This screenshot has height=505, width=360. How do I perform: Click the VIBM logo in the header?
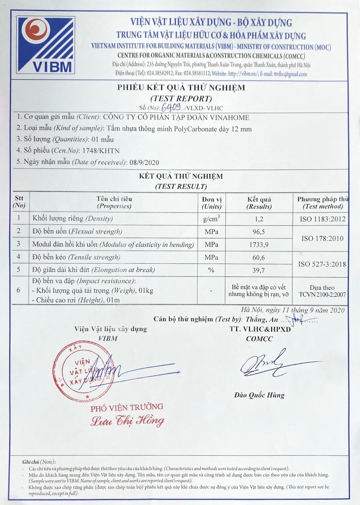pos(46,45)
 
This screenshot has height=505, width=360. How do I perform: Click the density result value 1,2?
pos(259,219)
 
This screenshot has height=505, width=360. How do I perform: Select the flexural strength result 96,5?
pos(259,232)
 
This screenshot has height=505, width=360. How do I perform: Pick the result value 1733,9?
pos(259,245)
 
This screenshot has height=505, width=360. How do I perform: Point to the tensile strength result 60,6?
pos(259,258)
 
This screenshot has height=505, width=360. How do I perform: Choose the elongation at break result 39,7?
pos(259,270)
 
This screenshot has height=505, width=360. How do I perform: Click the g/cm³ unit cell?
pos(211,219)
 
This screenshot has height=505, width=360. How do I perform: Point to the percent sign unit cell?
pos(211,270)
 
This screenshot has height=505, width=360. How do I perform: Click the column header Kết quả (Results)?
pos(259,203)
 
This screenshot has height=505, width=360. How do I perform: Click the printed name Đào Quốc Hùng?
pos(259,395)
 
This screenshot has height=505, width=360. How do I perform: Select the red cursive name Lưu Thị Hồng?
pos(127,421)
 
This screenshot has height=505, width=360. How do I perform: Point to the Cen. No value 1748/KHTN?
pos(101,151)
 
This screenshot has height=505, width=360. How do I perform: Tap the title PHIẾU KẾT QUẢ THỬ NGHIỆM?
pos(181,87)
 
